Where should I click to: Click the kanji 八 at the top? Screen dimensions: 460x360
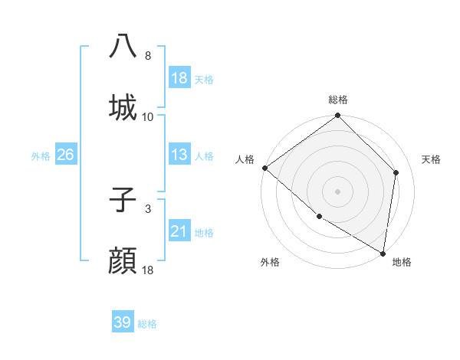point(123,47)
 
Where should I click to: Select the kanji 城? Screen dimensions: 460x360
point(123,107)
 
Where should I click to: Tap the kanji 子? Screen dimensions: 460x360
point(123,200)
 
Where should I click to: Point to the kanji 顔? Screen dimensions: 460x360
point(123,261)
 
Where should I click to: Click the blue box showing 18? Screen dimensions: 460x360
point(179,78)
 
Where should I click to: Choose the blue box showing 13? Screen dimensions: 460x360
point(179,155)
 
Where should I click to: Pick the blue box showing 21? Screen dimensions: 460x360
point(179,231)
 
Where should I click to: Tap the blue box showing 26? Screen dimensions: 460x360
point(65,155)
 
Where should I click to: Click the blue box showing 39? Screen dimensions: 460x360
point(123,322)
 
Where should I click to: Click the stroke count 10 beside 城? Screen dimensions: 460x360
point(148,117)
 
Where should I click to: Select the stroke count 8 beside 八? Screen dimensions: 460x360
point(148,56)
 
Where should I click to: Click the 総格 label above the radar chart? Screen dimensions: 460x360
point(338,100)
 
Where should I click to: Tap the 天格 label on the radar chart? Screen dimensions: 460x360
point(432,159)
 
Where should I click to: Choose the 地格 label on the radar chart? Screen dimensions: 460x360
point(402,262)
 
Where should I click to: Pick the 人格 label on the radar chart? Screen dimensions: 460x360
point(245,159)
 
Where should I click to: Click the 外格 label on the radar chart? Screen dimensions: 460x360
point(270,262)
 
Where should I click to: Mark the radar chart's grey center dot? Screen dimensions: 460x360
point(337,191)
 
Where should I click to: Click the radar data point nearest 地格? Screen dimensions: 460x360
point(383,253)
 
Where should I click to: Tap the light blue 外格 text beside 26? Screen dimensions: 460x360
point(41,155)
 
